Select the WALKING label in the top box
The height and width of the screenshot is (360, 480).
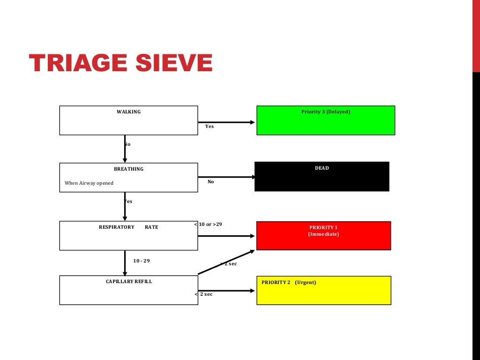click(128, 112)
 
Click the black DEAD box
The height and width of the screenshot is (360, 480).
click(322, 177)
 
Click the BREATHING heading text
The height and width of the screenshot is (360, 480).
click(128, 169)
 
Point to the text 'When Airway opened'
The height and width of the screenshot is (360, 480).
click(89, 183)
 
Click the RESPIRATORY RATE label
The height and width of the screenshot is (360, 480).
click(128, 227)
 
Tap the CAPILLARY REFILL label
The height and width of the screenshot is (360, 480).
click(128, 282)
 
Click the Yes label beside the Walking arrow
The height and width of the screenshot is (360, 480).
click(209, 127)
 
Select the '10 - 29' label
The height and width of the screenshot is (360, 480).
click(142, 261)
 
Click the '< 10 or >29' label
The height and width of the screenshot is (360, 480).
click(208, 225)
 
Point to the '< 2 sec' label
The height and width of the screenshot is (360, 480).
click(203, 294)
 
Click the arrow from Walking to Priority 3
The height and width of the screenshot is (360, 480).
click(226, 122)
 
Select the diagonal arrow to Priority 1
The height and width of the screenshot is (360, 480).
click(226, 262)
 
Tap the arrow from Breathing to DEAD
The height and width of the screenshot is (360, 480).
click(226, 177)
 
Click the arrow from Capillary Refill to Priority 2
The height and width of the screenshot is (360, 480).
click(226, 291)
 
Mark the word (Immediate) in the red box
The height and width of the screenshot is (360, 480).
click(323, 234)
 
